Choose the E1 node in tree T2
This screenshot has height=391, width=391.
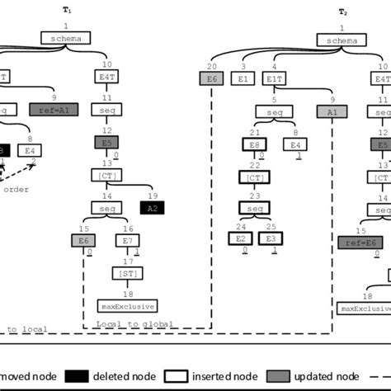pos(243,79)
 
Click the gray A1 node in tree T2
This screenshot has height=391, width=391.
pos(332,110)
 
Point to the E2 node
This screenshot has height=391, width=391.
pos(242,238)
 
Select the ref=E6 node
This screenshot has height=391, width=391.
pos(359,242)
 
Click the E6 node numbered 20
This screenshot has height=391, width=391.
pos(211,79)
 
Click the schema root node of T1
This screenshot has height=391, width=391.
pos(65,39)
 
